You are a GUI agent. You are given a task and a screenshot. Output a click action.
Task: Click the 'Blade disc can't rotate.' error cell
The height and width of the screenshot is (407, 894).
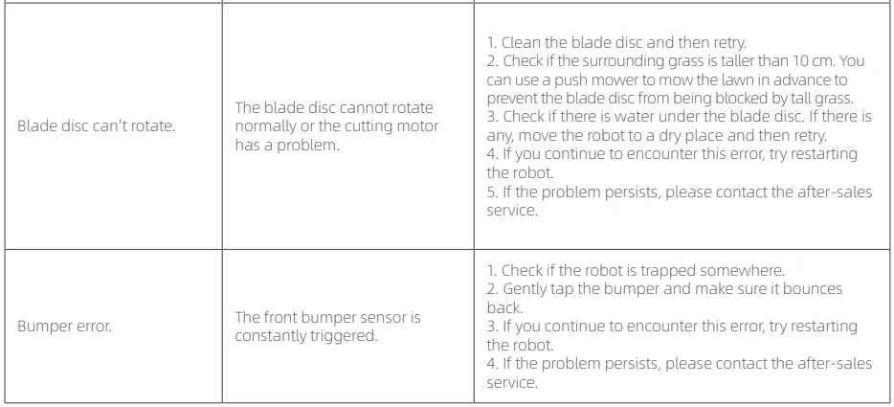click(x=96, y=126)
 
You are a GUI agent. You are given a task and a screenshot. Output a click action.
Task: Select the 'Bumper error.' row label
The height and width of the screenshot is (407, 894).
click(x=64, y=327)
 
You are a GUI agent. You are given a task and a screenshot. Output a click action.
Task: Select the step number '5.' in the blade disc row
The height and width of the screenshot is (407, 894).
click(x=492, y=192)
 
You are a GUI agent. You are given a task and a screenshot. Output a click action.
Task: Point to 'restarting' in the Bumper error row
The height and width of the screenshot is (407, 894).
click(x=820, y=327)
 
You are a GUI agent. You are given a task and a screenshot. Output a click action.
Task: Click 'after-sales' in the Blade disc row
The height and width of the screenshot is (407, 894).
click(x=834, y=192)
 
